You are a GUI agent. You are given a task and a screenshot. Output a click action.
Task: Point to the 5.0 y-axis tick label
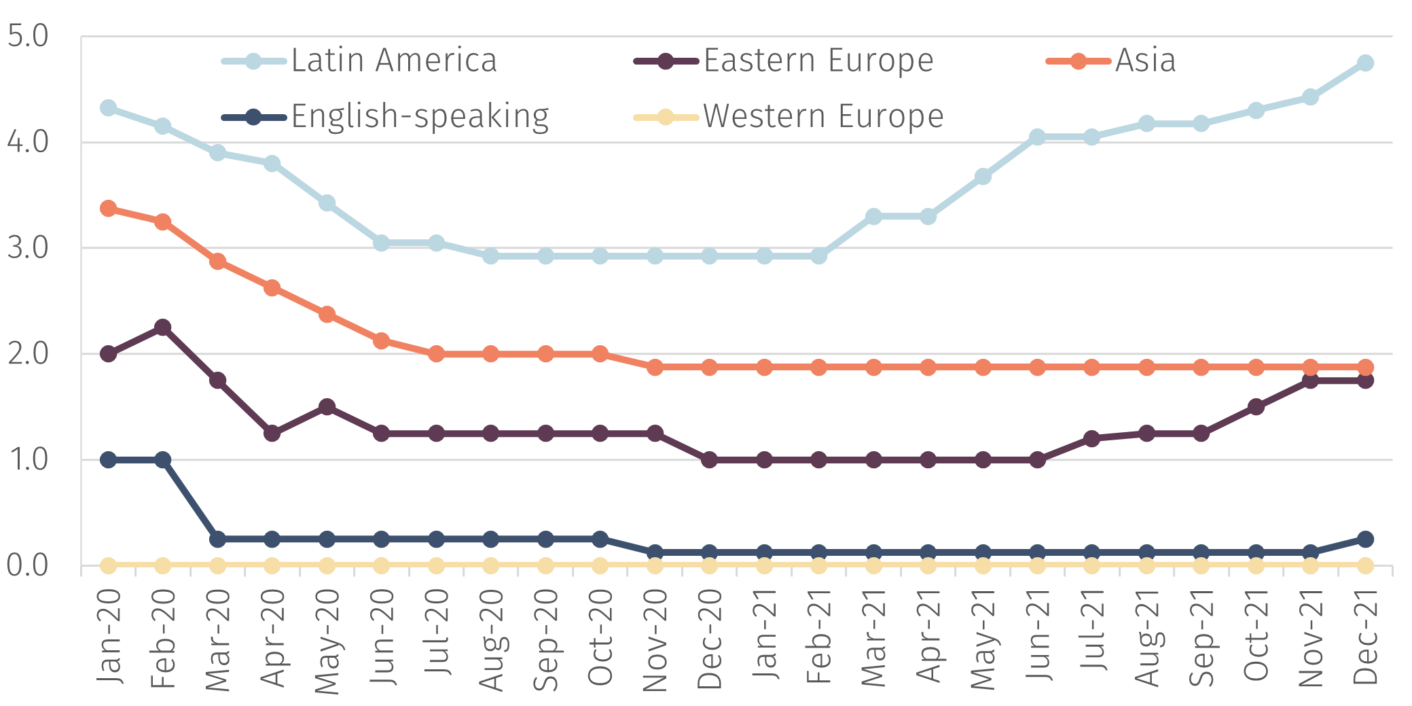28,37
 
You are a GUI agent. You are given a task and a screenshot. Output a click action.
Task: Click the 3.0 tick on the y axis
28,248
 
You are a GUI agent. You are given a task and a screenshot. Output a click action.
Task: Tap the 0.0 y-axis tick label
28,565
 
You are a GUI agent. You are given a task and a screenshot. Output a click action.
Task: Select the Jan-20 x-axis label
109,637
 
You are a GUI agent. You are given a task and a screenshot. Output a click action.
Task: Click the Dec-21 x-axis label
1365,637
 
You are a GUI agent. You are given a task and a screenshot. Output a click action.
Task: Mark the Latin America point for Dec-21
1365,63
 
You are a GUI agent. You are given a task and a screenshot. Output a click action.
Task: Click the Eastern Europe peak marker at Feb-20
162,327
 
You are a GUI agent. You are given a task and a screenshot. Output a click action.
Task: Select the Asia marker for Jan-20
108,208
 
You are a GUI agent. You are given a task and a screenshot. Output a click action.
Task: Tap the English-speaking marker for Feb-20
162,460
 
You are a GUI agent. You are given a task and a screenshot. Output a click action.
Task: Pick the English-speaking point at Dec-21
1365,539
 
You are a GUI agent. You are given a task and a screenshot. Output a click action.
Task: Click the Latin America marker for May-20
327,202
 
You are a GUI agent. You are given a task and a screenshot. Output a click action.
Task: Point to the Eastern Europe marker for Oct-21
1256,407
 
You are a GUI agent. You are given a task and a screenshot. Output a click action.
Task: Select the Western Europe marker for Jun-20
381,565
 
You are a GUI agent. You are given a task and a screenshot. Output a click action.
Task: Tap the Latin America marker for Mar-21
873,216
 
